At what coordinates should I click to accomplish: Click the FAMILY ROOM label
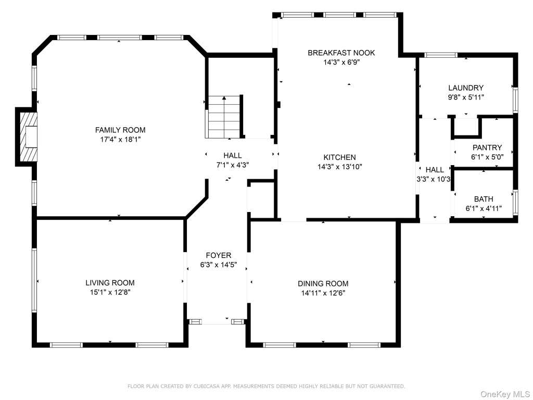(120, 130)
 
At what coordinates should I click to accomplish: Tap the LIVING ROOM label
(110, 283)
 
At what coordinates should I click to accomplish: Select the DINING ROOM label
(323, 284)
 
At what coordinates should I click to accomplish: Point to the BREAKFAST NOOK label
(341, 53)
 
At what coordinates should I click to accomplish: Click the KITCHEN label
(339, 157)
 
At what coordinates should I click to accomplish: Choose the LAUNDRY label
(466, 87)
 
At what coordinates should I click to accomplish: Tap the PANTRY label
(487, 147)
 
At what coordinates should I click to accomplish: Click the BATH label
(484, 199)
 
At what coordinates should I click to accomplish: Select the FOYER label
(219, 255)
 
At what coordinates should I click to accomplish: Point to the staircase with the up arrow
(224, 117)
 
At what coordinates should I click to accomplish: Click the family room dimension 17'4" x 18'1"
(120, 140)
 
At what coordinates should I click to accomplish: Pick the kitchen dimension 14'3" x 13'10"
(339, 167)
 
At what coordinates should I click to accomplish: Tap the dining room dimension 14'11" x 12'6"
(323, 293)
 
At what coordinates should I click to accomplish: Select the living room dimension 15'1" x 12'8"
(110, 292)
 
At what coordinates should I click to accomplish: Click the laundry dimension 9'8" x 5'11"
(466, 97)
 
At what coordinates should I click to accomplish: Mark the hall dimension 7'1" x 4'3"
(233, 165)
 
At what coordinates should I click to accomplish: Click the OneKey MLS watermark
(505, 394)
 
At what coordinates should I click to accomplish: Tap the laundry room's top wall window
(440, 55)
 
